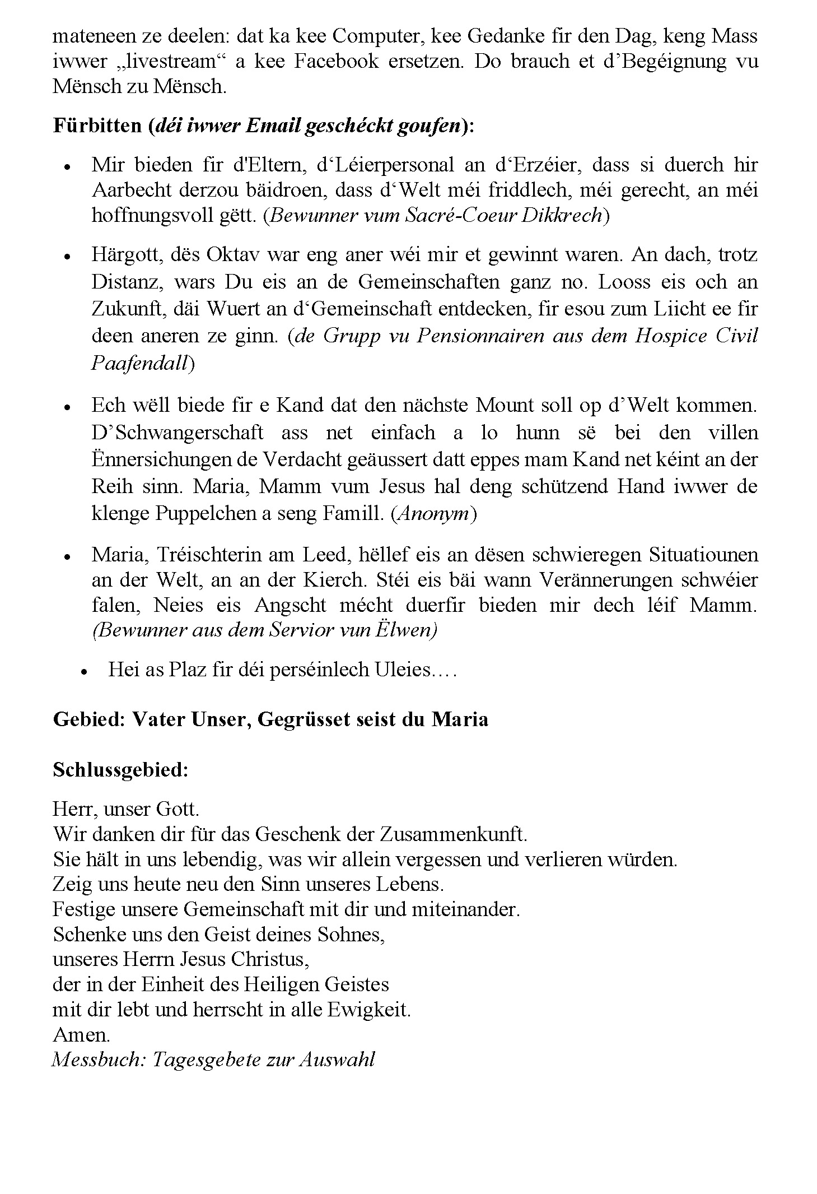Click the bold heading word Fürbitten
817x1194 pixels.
pyautogui.click(x=97, y=126)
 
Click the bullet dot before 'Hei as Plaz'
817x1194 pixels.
pyautogui.click(x=85, y=671)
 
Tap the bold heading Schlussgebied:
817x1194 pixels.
pyautogui.click(x=120, y=770)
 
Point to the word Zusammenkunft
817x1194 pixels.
pyautogui.click(x=453, y=834)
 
